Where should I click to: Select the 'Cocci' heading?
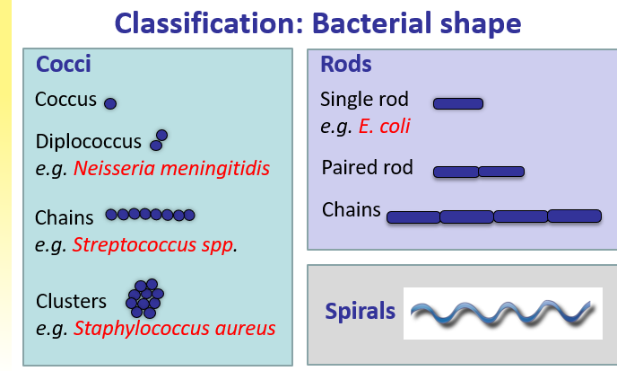click(63, 65)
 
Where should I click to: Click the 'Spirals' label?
click(360, 312)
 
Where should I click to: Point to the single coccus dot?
click(110, 104)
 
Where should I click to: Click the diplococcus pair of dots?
click(159, 140)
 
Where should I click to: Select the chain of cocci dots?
click(150, 215)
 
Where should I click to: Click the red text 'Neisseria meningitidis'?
click(171, 169)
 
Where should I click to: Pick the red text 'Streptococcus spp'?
click(155, 244)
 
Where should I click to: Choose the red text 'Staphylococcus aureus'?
click(175, 329)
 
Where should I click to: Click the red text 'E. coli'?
click(384, 127)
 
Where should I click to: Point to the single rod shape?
click(458, 103)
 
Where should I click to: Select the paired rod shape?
click(478, 171)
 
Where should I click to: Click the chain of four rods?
click(493, 216)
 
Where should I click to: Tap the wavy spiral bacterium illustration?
click(502, 313)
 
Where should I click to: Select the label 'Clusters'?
click(71, 301)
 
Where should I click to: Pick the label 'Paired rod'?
click(367, 168)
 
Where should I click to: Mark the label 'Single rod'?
click(364, 100)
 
